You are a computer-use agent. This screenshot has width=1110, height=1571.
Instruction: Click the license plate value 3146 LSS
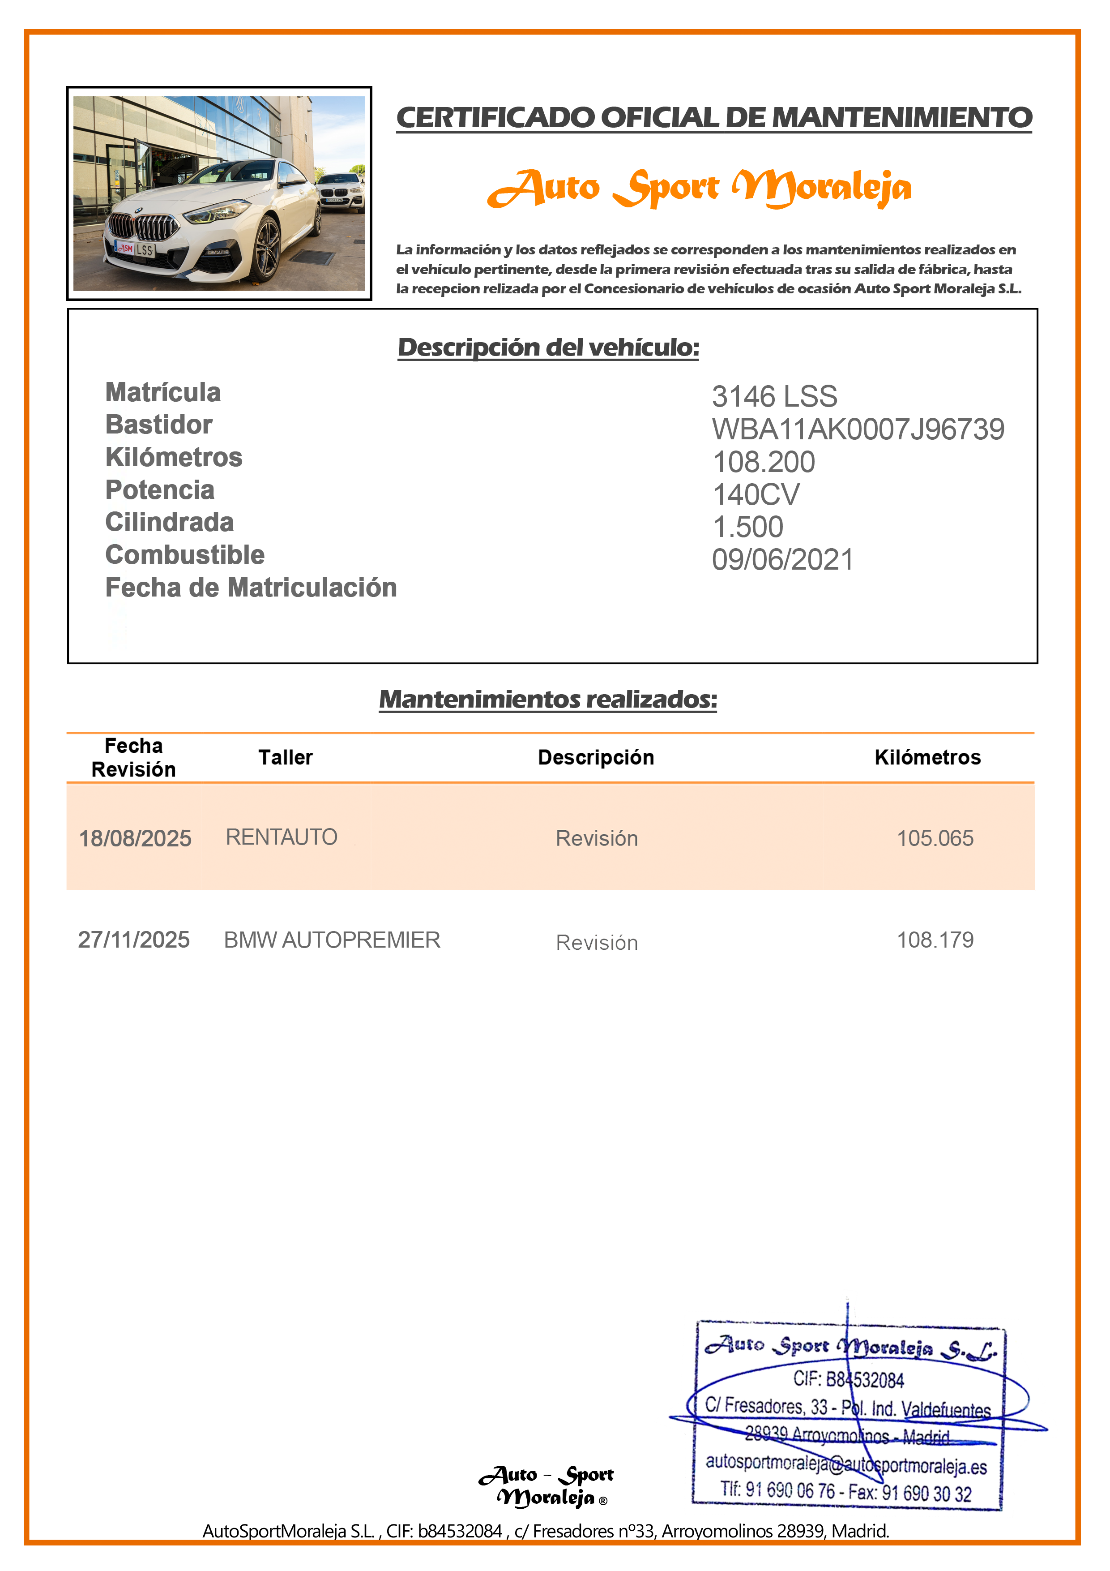point(774,397)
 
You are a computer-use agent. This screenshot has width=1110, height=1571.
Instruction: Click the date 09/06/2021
point(782,560)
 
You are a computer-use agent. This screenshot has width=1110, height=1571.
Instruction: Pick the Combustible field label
point(185,555)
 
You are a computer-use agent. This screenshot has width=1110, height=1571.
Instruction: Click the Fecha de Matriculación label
point(251,588)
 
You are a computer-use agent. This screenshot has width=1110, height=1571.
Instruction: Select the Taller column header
point(285,757)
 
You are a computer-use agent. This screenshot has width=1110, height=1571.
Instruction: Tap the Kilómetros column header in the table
point(927,757)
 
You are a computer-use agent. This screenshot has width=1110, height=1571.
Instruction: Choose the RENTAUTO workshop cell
point(281,837)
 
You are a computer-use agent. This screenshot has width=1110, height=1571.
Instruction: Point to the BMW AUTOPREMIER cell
point(332,940)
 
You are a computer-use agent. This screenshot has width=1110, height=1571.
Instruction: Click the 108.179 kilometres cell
point(935,940)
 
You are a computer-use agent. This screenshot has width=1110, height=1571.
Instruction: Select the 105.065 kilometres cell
point(935,838)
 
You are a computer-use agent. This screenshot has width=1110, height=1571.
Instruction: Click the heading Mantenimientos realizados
point(548,699)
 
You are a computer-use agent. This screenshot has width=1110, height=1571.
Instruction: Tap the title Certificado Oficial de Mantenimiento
point(714,118)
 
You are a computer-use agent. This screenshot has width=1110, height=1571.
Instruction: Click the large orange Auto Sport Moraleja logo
point(699,188)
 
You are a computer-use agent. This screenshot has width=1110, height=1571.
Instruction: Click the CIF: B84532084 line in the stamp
point(848,1379)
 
